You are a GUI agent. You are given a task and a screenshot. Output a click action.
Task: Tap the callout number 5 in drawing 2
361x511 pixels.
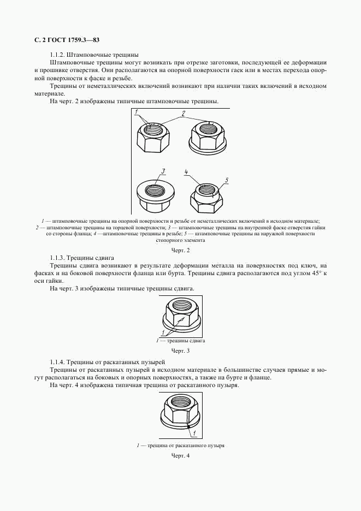[226, 179]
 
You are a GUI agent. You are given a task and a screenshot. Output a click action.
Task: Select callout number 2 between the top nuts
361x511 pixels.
[184, 114]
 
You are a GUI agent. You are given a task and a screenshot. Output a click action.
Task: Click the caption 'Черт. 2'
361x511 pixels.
[180, 251]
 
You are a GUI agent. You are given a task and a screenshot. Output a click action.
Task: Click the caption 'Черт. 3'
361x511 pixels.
[180, 350]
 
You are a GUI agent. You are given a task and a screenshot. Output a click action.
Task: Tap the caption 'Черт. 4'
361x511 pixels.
[180, 456]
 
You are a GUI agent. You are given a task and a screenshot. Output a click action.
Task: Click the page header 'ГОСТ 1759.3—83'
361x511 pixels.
[68, 40]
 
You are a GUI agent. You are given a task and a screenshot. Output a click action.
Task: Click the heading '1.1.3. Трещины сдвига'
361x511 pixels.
[82, 257]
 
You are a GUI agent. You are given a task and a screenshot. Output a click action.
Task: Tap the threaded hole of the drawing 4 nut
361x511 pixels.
[181, 403]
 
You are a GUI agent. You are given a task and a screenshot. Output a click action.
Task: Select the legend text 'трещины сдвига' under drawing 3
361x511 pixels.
[185, 341]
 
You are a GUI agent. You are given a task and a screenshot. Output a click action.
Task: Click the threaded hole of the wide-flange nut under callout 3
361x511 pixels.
[155, 192]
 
